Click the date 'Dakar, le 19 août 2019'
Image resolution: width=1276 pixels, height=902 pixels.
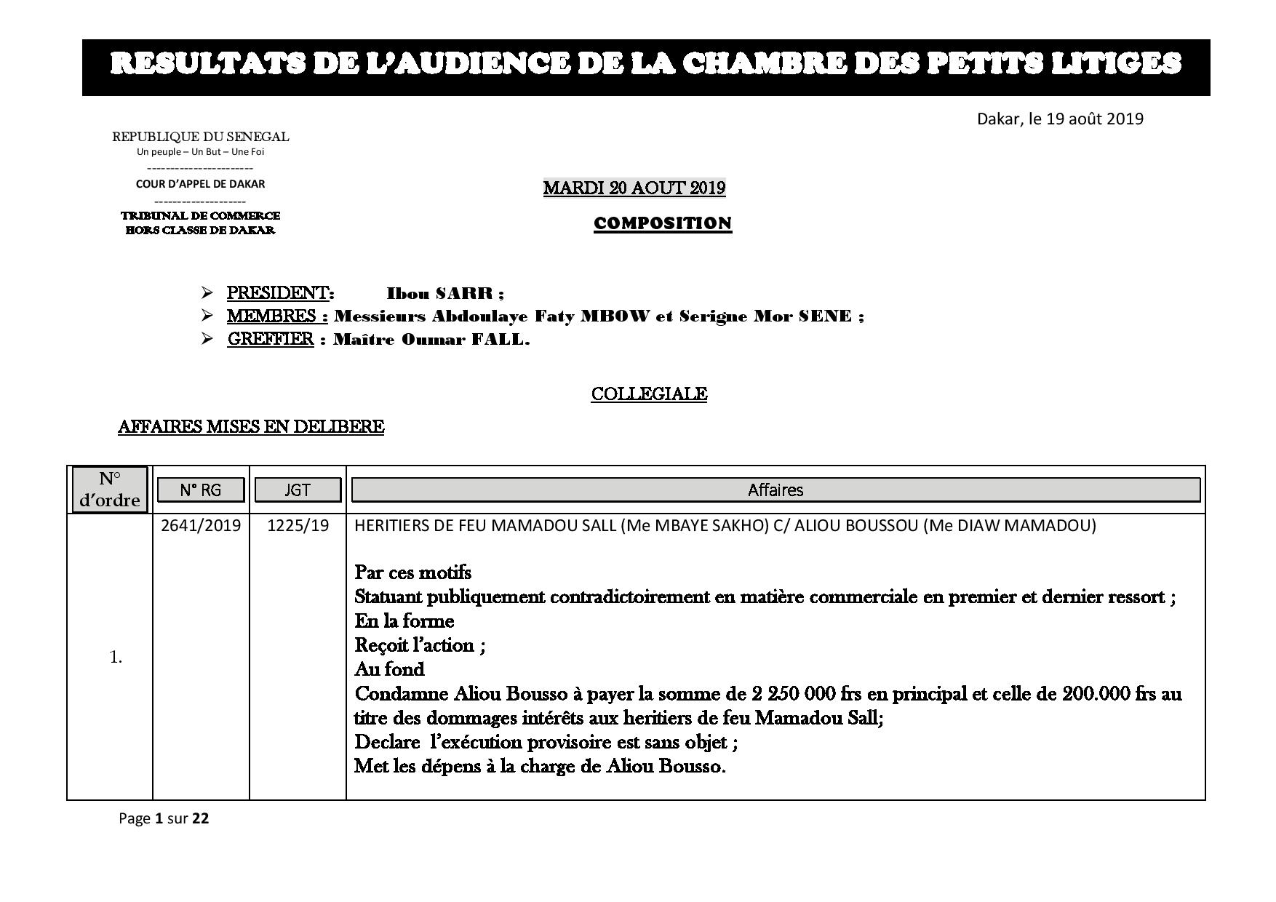(x=1059, y=119)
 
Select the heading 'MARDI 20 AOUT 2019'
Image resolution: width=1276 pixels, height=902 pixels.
(x=634, y=188)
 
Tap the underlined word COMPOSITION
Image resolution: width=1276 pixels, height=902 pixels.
(x=662, y=223)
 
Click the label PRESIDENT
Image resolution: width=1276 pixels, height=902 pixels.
(x=279, y=293)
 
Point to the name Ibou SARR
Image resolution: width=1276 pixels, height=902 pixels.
(x=444, y=294)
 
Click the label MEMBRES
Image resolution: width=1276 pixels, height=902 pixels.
(x=275, y=316)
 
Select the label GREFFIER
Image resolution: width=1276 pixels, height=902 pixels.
(x=270, y=340)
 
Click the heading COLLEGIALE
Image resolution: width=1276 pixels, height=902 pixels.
(x=649, y=394)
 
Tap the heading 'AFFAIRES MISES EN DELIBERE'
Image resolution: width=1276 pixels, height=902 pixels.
(x=251, y=427)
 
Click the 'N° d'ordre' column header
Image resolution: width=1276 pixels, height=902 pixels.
(x=110, y=490)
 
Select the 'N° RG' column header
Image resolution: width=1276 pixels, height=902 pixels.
(x=201, y=490)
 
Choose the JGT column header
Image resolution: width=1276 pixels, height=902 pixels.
(x=297, y=490)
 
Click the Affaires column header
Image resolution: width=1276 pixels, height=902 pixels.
(x=775, y=490)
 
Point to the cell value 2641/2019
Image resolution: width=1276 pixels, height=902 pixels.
(x=201, y=525)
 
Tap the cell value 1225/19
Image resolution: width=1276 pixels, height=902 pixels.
(x=298, y=525)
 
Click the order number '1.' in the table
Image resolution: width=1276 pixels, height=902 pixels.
(x=116, y=658)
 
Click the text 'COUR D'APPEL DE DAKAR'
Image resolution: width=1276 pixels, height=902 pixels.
(x=200, y=184)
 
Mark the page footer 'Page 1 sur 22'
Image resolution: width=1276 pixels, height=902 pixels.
(x=164, y=818)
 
